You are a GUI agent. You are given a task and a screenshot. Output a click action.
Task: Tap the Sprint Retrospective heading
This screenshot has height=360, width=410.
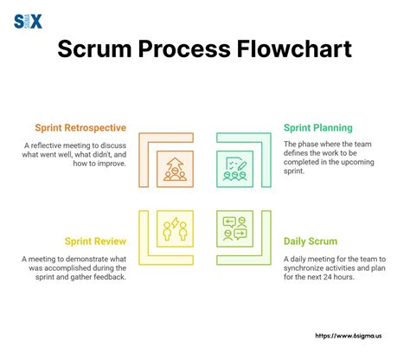(x=83, y=127)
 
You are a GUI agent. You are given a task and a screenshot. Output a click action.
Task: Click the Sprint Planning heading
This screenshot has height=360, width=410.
(x=319, y=127)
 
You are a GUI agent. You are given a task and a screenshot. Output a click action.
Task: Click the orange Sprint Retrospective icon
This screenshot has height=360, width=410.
(x=173, y=169)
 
